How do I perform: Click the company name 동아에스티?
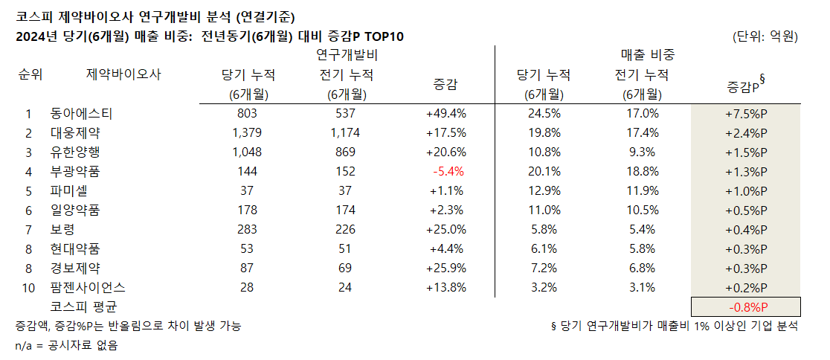click(80, 113)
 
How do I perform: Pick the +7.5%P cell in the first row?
click(746, 113)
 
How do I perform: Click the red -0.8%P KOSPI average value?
click(746, 307)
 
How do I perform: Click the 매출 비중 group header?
click(648, 55)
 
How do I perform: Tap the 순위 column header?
click(30, 74)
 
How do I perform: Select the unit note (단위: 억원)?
click(765, 36)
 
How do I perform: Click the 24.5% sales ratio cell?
click(544, 113)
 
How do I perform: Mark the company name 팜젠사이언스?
click(88, 287)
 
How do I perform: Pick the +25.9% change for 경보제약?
click(446, 268)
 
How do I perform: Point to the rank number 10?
click(29, 287)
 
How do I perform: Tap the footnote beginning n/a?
click(67, 345)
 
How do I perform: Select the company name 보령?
click(62, 229)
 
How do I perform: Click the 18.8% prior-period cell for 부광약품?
click(642, 171)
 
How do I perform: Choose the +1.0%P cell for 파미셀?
click(746, 190)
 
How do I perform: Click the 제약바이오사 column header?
click(123, 74)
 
